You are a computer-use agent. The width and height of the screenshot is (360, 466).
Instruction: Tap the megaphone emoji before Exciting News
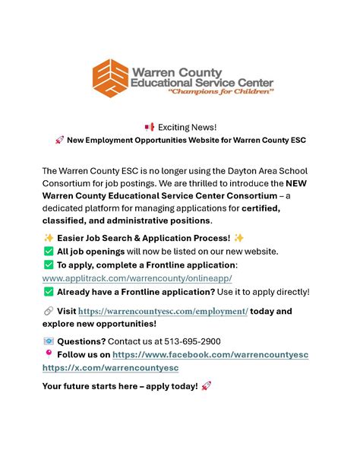[x=149, y=126]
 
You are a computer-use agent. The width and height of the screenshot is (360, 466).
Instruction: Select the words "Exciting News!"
[x=187, y=126]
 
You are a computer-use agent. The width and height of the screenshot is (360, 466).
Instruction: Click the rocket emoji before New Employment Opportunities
[x=58, y=140]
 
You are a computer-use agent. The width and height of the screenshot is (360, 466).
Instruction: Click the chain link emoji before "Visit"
[x=48, y=311]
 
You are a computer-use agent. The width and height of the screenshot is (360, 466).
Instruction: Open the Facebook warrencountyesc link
[x=210, y=354]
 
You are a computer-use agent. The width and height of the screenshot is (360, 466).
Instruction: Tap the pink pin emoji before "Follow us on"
[x=48, y=353]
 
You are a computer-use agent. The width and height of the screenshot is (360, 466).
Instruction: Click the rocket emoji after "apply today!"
[x=207, y=386]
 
